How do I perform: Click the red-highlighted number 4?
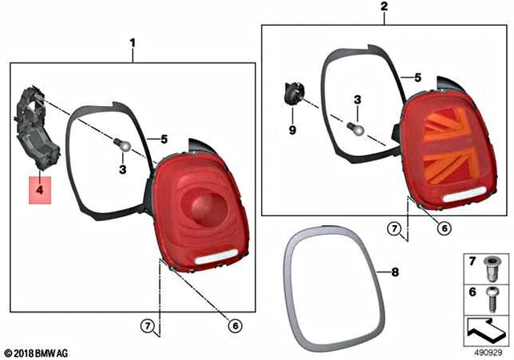(39, 190)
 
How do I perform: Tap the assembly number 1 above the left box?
(133, 43)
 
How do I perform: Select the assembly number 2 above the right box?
(384, 6)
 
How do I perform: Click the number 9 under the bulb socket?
(292, 130)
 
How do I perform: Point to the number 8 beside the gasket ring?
(395, 272)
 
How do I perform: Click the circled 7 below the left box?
(148, 325)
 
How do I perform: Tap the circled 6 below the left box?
(235, 325)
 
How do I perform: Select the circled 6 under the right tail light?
(444, 228)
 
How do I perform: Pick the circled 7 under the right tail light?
(394, 228)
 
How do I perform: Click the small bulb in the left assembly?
(122, 145)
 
